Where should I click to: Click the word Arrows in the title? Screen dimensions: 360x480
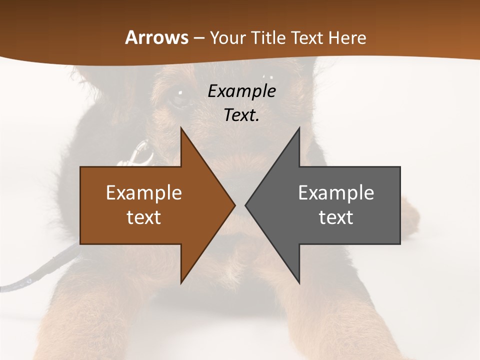click(156, 37)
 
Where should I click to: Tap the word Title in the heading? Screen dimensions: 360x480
click(267, 37)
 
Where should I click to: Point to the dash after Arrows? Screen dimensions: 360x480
click(198, 38)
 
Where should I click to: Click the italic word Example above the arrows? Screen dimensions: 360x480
click(241, 91)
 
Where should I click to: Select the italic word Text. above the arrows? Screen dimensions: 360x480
click(241, 115)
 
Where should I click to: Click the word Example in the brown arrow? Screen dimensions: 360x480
click(143, 193)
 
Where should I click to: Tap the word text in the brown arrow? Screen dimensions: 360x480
click(143, 217)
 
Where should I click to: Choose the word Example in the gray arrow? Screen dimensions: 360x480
click(336, 193)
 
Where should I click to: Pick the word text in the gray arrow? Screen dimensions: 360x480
click(336, 217)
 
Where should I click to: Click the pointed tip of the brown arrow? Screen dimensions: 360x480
click(234, 205)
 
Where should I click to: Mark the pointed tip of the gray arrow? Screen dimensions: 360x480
click(246, 205)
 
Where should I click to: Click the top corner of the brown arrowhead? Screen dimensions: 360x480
click(181, 128)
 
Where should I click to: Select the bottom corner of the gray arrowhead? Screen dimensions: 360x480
click(299, 282)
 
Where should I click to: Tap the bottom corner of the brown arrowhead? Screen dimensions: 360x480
click(181, 282)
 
